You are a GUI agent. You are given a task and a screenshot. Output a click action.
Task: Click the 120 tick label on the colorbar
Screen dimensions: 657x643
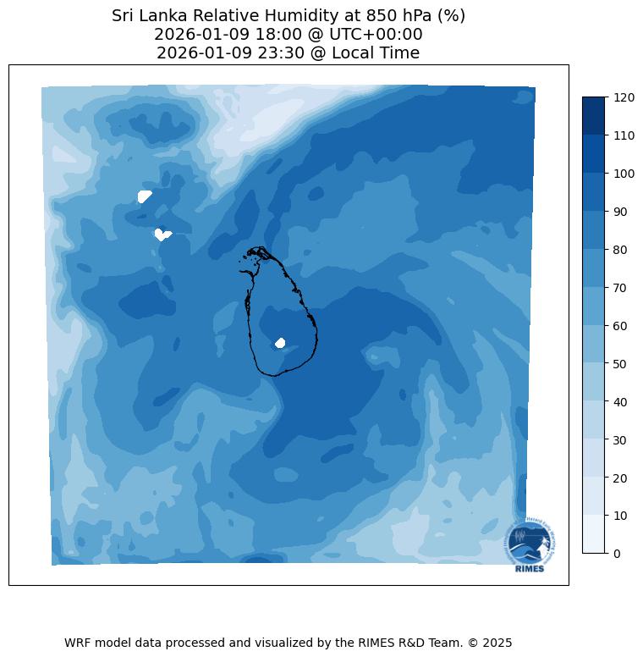coord(624,97)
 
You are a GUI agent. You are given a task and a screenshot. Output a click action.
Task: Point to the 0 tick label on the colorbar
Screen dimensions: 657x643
coord(617,554)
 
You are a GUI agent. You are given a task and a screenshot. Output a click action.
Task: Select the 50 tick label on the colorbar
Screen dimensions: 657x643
coord(620,364)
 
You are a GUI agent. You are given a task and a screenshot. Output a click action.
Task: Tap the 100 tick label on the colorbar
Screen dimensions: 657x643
coord(624,174)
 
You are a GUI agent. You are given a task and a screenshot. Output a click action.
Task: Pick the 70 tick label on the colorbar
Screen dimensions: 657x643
coord(620,288)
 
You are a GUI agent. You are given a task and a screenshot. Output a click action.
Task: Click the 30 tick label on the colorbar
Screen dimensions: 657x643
coord(620,440)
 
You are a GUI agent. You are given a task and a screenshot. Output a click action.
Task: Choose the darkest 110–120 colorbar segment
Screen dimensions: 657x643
coord(594,116)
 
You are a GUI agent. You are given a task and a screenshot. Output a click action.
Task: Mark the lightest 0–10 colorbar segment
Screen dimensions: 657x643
coord(594,534)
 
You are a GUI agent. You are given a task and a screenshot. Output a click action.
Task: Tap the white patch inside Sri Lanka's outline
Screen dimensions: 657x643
coord(280,343)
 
